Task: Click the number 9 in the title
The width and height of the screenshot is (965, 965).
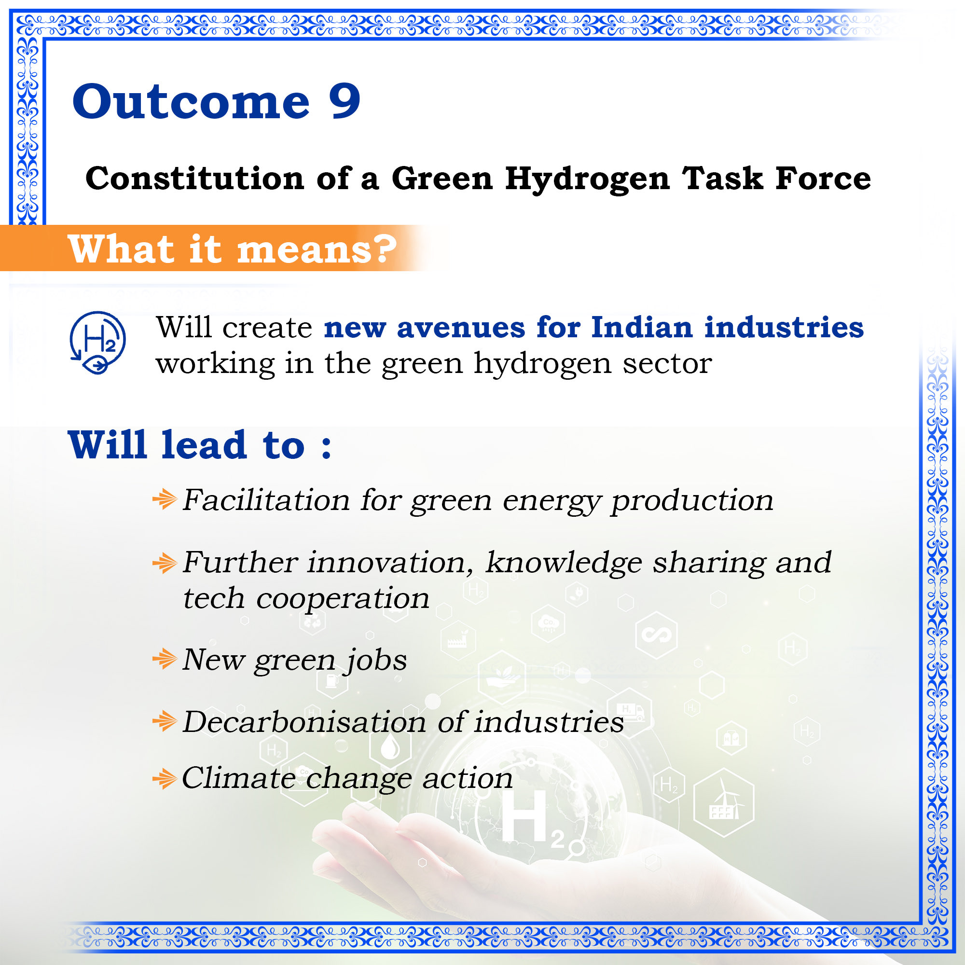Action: click(345, 102)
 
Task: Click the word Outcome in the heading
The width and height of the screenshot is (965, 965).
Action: click(191, 102)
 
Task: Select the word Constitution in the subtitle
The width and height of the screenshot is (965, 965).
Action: click(195, 179)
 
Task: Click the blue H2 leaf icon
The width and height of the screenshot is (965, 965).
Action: click(97, 342)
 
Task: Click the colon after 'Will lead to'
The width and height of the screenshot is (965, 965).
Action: click(327, 446)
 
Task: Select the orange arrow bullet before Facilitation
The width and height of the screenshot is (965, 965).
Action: click(165, 499)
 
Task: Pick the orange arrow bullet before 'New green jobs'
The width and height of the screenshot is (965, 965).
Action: click(165, 659)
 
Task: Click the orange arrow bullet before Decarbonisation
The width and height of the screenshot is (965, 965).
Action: click(165, 721)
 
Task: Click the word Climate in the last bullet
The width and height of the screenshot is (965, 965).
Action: click(239, 778)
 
